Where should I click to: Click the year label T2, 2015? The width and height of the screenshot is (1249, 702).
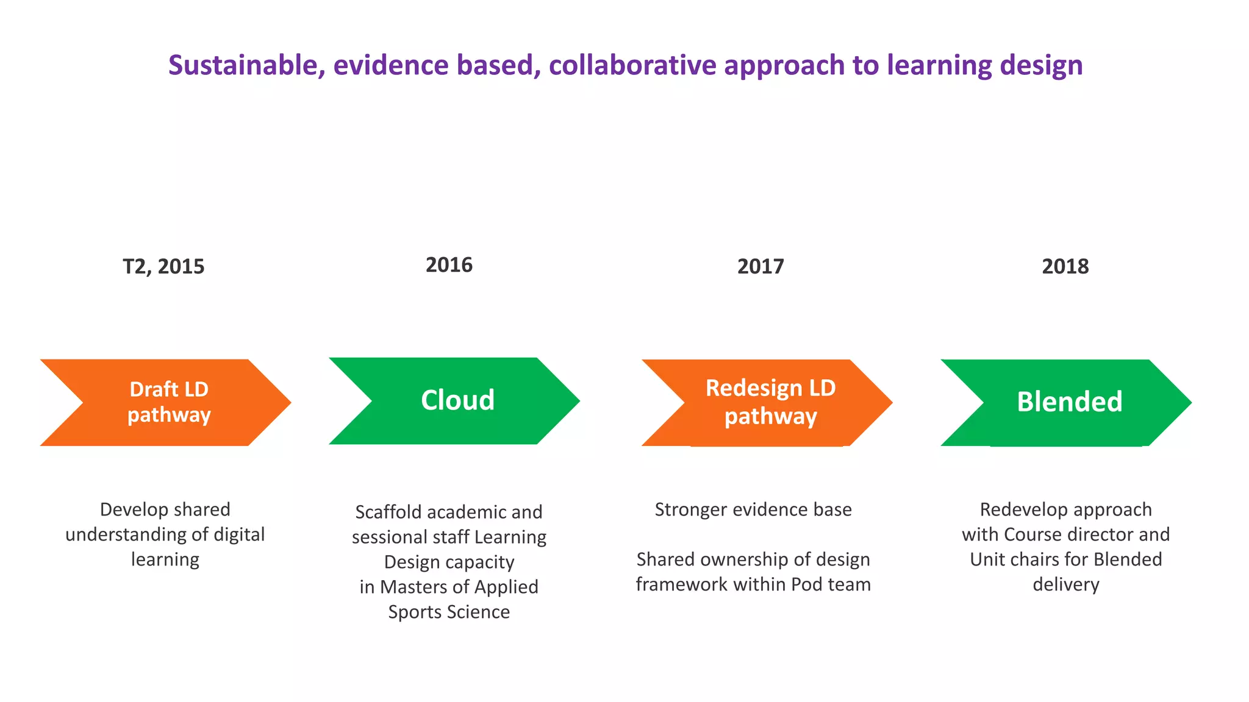[x=163, y=267]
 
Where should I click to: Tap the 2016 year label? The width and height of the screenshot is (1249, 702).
[x=449, y=265]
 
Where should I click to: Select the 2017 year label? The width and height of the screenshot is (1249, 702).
[x=760, y=267]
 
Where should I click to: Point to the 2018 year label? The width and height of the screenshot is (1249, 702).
[x=1065, y=267]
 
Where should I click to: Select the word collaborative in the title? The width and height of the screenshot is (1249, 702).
[x=632, y=66]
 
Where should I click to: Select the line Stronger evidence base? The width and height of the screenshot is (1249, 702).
[x=753, y=509]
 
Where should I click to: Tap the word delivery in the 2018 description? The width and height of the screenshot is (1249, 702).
[x=1065, y=584]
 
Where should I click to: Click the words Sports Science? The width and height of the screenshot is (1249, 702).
[x=449, y=612]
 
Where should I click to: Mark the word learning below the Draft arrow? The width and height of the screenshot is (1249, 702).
[x=165, y=559]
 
